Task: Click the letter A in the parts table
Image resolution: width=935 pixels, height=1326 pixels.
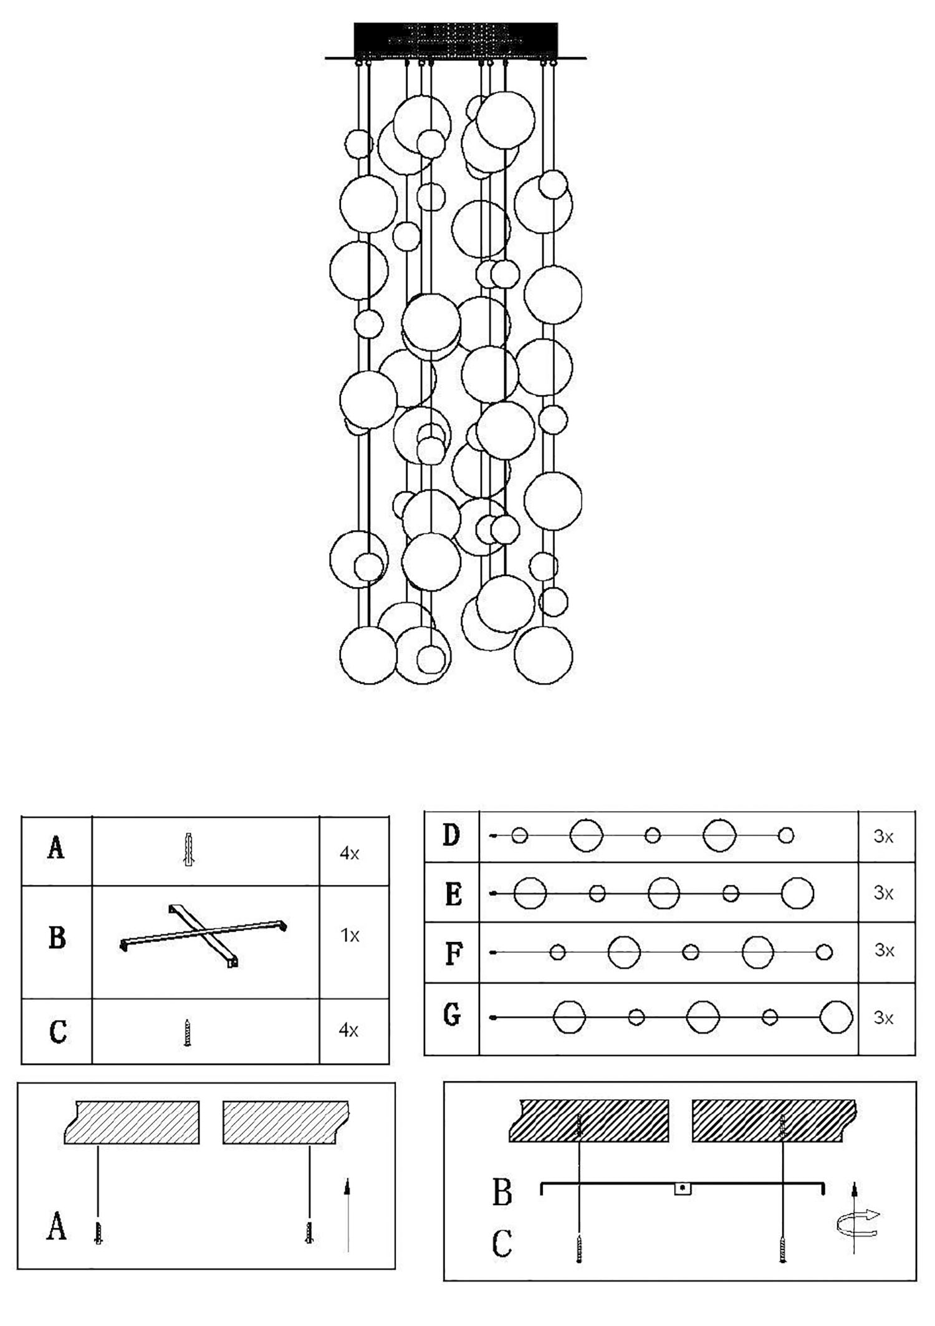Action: tap(56, 848)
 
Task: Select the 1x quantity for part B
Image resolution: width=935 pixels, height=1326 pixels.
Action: tap(350, 936)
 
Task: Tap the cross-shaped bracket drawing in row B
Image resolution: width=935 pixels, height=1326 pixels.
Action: tap(203, 934)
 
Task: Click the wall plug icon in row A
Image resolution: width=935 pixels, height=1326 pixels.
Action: tap(189, 849)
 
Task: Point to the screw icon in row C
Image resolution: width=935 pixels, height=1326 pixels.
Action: tap(187, 1032)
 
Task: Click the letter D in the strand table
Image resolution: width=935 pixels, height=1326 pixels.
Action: tap(452, 835)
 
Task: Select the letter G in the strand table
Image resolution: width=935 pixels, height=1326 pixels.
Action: tap(452, 1016)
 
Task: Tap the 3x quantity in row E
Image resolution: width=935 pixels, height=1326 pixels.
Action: tap(884, 893)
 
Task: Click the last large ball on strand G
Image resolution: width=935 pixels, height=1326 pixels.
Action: tap(836, 1017)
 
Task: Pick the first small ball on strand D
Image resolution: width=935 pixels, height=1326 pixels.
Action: tap(519, 835)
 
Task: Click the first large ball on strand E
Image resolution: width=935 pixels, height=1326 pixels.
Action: tap(530, 893)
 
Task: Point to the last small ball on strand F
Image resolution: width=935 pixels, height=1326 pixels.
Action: tap(824, 952)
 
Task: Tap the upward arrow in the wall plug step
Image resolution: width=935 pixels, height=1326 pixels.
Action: tap(347, 1213)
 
